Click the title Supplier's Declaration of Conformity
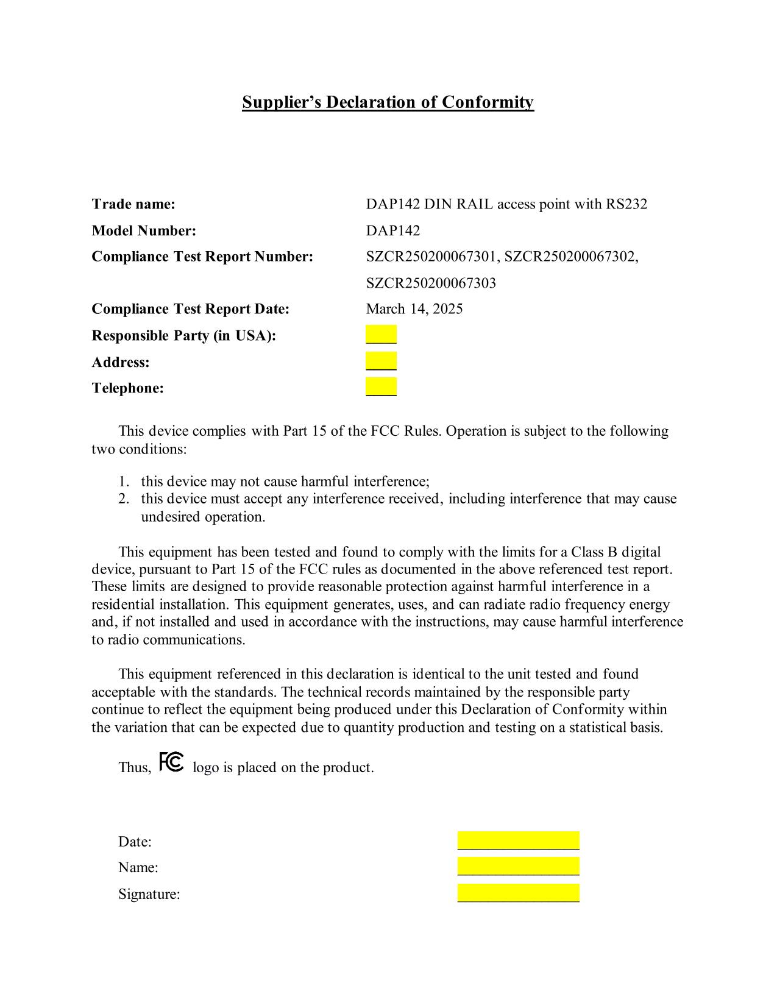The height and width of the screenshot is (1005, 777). pos(388,102)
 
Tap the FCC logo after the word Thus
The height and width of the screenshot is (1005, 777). pos(171,762)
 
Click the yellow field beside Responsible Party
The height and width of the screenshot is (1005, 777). pos(381,335)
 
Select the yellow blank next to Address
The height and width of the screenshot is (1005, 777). pos(381,361)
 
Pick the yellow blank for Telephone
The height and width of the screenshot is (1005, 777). pos(381,387)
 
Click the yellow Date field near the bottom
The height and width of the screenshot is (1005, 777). pos(518,840)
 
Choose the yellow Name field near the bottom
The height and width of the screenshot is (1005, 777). pos(518,866)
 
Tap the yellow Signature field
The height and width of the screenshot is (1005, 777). pos(518,893)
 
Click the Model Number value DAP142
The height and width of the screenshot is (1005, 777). pos(393,230)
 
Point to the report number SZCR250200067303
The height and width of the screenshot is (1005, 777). pos(431,283)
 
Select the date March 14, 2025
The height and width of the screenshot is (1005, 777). pos(414,309)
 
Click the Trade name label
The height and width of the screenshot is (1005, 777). pos(133,204)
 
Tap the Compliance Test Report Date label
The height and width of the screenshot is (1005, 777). pos(190,309)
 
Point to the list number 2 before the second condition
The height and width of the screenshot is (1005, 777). pos(124,499)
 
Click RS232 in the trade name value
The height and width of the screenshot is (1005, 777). pos(626,204)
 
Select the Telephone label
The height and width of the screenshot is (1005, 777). pos(127,388)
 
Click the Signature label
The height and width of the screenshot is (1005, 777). pos(149,894)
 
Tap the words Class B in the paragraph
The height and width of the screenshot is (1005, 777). pos(594,552)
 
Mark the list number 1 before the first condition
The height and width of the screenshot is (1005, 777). pos(124,481)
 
